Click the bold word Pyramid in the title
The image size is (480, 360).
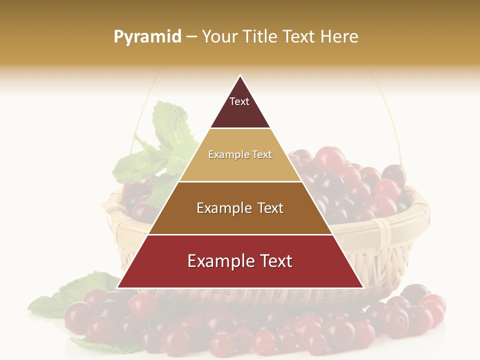tap(147, 37)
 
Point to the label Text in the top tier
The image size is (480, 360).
tap(239, 101)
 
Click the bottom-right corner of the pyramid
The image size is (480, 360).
tap(362, 287)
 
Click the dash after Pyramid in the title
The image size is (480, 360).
tap(191, 37)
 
